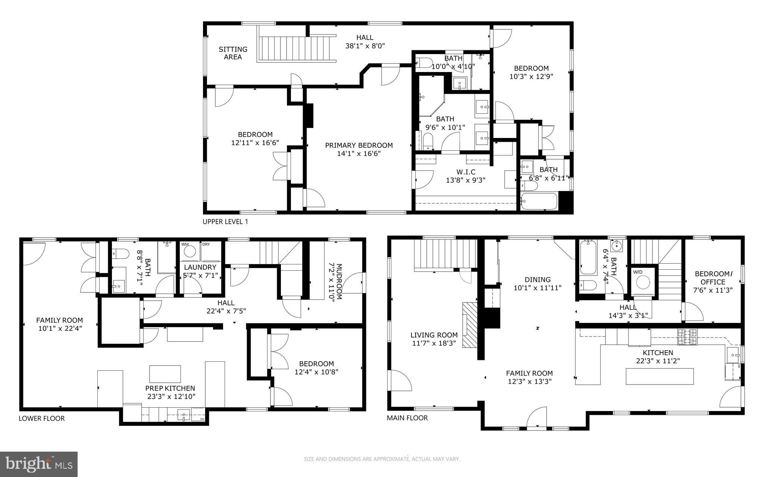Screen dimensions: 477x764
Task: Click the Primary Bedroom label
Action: point(358,145)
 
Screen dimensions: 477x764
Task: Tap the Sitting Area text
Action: point(233,53)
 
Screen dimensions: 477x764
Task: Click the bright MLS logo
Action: point(39,464)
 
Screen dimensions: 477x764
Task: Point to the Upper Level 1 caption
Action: point(225,222)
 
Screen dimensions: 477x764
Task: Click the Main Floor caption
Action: point(407,418)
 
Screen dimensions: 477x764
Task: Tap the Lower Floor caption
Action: point(41,418)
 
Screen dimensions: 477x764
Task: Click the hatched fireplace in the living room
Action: point(469,325)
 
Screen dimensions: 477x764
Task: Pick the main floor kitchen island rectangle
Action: point(660,376)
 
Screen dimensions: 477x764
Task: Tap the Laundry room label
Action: point(200,267)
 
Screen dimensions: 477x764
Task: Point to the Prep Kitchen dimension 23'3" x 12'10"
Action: point(170,396)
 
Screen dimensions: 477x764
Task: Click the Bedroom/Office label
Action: point(713,278)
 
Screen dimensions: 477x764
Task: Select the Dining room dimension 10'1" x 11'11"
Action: point(537,288)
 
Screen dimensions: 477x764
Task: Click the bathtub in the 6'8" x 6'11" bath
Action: point(539,201)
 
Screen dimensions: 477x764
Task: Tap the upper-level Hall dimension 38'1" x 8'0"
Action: point(364,46)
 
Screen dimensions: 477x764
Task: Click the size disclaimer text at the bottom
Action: point(382,459)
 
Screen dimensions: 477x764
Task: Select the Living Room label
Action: point(434,335)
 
